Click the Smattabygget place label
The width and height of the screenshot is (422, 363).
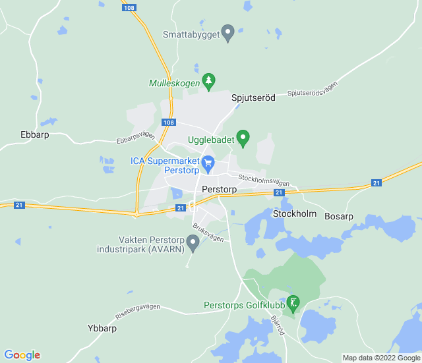pos(191,34)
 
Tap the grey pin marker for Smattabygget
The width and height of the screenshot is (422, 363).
pos(228,32)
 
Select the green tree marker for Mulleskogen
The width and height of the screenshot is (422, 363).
pos(209,82)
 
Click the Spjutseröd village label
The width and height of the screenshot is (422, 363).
pos(253,98)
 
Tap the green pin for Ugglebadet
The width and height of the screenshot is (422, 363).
pos(243,138)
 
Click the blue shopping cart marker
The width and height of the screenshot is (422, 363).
pos(208,163)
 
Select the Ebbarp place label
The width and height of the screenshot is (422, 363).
pos(35,134)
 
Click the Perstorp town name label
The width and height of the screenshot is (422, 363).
pos(220,189)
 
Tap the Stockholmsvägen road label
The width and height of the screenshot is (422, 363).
pos(264,179)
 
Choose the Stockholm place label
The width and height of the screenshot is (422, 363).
pos(295,214)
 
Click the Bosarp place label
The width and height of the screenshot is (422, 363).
pos(339,216)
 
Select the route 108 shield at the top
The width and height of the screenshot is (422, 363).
pos(130,8)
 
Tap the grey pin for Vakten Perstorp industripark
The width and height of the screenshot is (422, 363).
pos(193,244)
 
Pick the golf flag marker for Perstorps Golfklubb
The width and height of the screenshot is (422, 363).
pos(294,304)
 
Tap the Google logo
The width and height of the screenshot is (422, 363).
pos(22,355)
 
